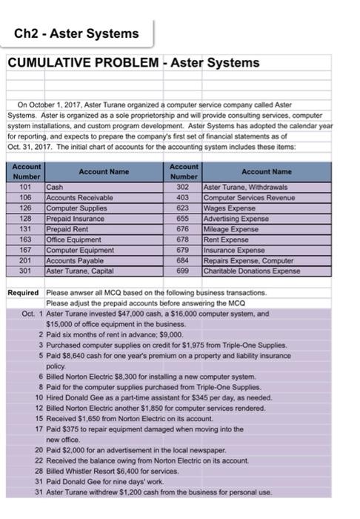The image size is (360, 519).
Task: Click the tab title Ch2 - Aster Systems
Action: tap(76, 33)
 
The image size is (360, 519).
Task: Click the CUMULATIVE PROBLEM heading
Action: tap(134, 63)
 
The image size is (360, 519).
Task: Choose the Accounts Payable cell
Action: tap(73, 262)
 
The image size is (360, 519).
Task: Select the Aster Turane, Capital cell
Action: tap(79, 272)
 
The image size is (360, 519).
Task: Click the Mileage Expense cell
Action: tap(230, 231)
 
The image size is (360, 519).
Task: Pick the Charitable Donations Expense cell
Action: tap(253, 272)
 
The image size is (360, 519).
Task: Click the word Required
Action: tap(22, 294)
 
